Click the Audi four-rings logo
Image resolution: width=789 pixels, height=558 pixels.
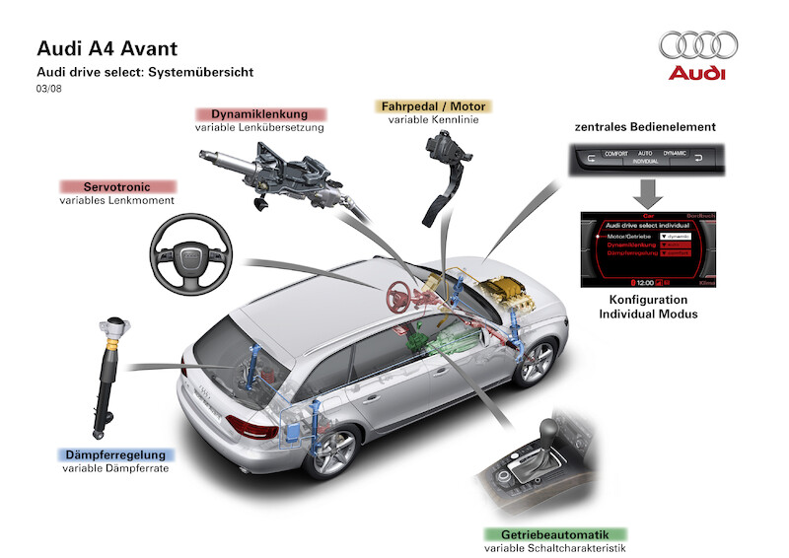click(698, 45)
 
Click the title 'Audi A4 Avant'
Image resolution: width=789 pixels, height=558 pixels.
click(108, 48)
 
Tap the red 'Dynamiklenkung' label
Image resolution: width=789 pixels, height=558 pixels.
click(259, 114)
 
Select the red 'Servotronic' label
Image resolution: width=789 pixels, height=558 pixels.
click(116, 186)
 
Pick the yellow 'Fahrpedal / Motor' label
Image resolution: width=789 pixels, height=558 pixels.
click(433, 105)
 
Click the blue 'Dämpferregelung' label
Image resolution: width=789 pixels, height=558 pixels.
click(116, 455)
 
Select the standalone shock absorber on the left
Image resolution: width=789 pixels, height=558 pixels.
click(111, 375)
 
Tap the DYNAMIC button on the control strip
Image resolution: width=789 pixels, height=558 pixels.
click(674, 154)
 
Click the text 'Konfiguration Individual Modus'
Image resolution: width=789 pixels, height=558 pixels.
click(648, 307)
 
